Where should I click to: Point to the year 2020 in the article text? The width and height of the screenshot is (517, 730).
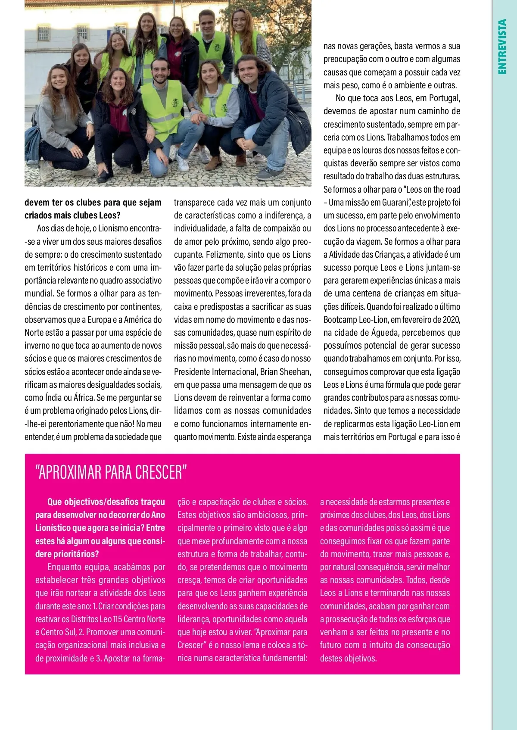(x=451, y=319)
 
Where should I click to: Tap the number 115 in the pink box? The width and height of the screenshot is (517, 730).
(x=117, y=619)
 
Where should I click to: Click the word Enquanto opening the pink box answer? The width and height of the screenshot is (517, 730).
(x=63, y=567)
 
